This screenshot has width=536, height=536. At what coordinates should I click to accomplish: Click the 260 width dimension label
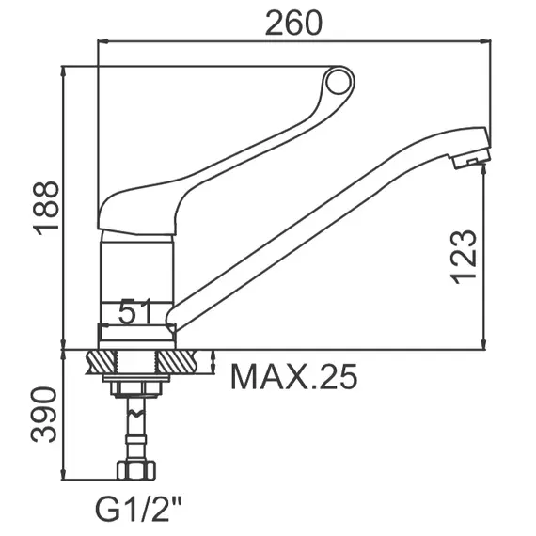(x=293, y=24)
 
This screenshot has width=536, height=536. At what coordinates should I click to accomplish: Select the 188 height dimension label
(x=46, y=208)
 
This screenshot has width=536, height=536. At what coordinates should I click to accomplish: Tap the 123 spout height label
(x=464, y=257)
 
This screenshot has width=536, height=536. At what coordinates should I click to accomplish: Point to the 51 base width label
(x=135, y=311)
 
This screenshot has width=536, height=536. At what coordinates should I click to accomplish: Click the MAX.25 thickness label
(x=294, y=377)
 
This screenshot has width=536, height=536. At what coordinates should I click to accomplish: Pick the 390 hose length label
(x=44, y=415)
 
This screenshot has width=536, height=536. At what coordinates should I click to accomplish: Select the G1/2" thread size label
(x=138, y=509)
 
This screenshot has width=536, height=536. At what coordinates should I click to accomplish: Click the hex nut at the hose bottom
(x=136, y=470)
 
